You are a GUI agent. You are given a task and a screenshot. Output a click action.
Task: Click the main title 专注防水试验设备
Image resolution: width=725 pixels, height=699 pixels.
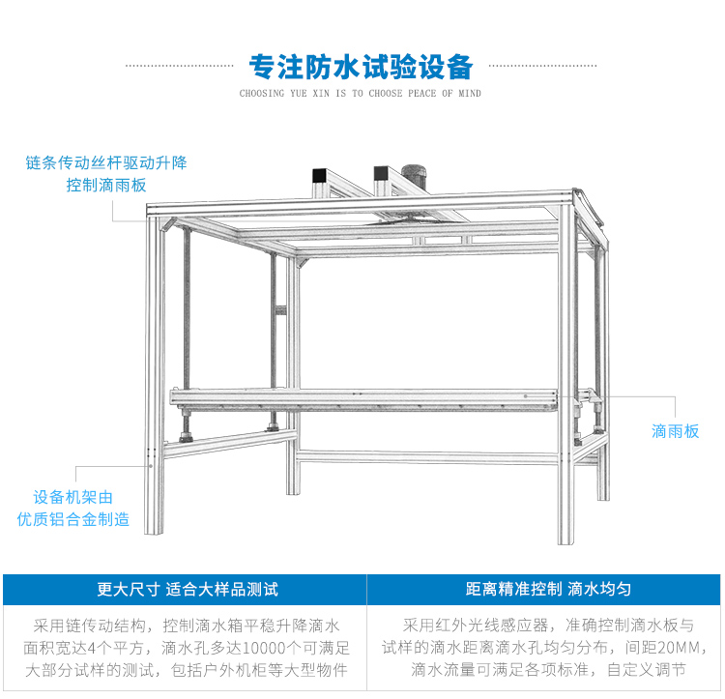pyautogui.click(x=361, y=67)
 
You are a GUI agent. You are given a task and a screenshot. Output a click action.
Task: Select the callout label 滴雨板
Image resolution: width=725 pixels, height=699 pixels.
pyautogui.click(x=675, y=431)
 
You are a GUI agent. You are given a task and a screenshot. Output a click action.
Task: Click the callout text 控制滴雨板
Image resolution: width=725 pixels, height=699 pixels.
pyautogui.click(x=106, y=185)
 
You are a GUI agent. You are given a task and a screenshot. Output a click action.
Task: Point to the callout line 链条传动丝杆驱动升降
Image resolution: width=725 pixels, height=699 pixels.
pyautogui.click(x=106, y=162)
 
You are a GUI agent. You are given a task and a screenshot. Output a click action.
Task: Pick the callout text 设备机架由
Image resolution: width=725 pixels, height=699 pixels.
pyautogui.click(x=73, y=497)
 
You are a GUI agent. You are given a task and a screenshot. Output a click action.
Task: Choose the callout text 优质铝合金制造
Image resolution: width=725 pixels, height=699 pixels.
pyautogui.click(x=73, y=519)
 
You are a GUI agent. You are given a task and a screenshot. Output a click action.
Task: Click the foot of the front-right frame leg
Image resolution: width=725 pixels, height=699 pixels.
pyautogui.click(x=565, y=538)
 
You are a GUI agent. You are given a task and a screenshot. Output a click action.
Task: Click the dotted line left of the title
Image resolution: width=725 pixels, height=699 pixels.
pyautogui.click(x=180, y=67)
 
